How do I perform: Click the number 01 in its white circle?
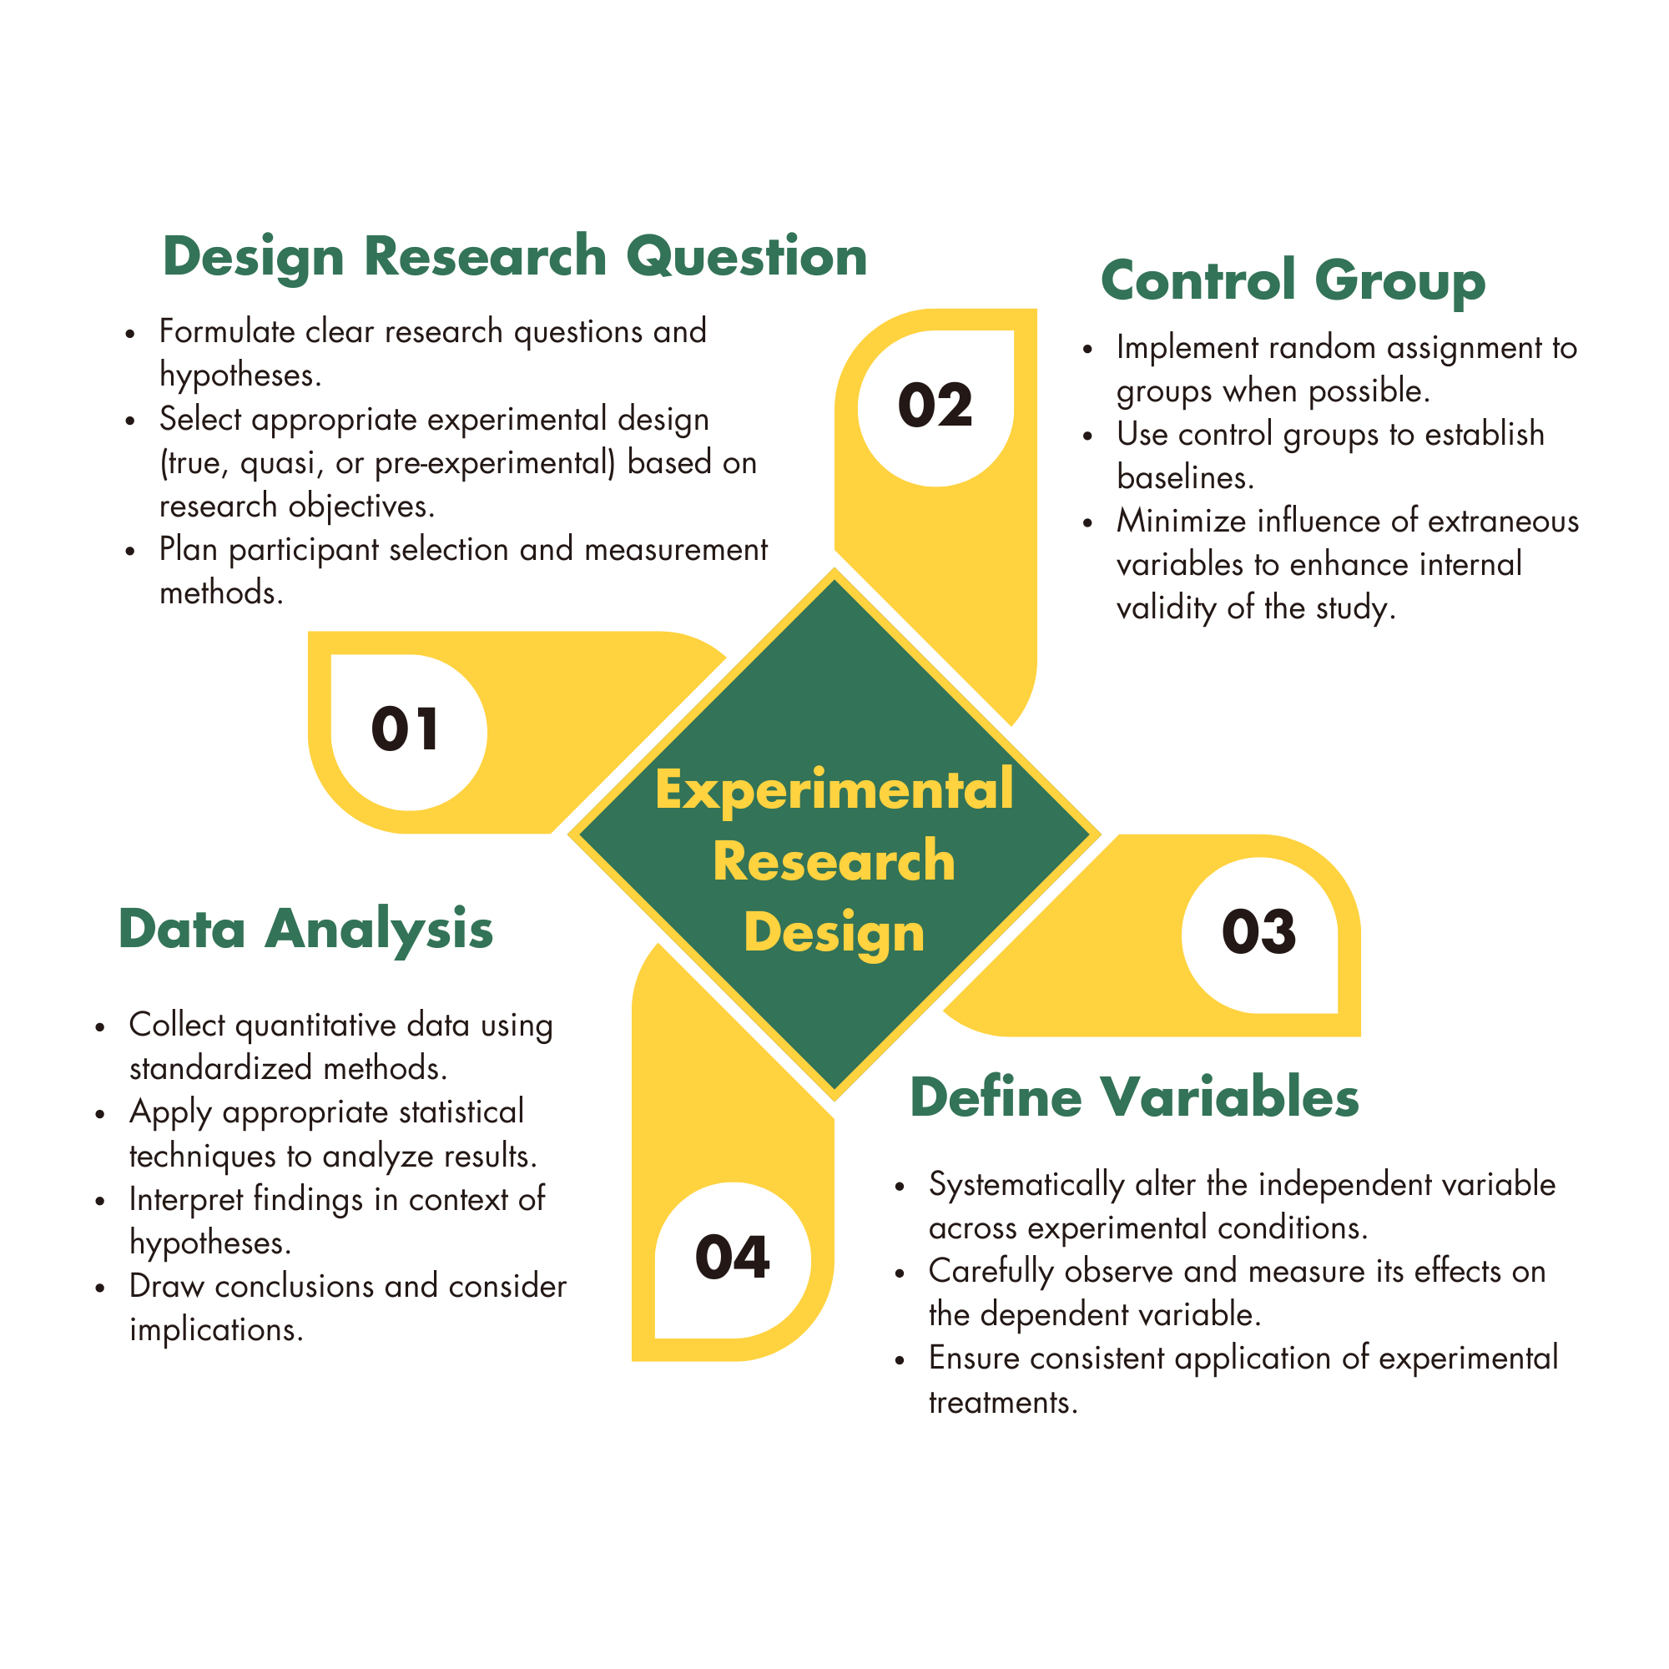(406, 729)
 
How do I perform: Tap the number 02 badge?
(935, 406)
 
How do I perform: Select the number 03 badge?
(1258, 932)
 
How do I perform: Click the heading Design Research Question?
(515, 256)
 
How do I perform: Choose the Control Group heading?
(1293, 280)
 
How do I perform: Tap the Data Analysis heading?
(305, 930)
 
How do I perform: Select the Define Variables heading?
(1134, 1097)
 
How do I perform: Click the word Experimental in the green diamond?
(834, 789)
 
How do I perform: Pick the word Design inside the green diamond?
(834, 933)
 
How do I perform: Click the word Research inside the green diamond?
(834, 861)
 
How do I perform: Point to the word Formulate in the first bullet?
(227, 332)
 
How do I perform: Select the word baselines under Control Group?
(1184, 477)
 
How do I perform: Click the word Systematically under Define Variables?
(1026, 1185)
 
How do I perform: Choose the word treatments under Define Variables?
(1003, 1401)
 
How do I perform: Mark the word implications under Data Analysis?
(216, 1329)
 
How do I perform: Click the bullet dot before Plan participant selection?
(130, 551)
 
